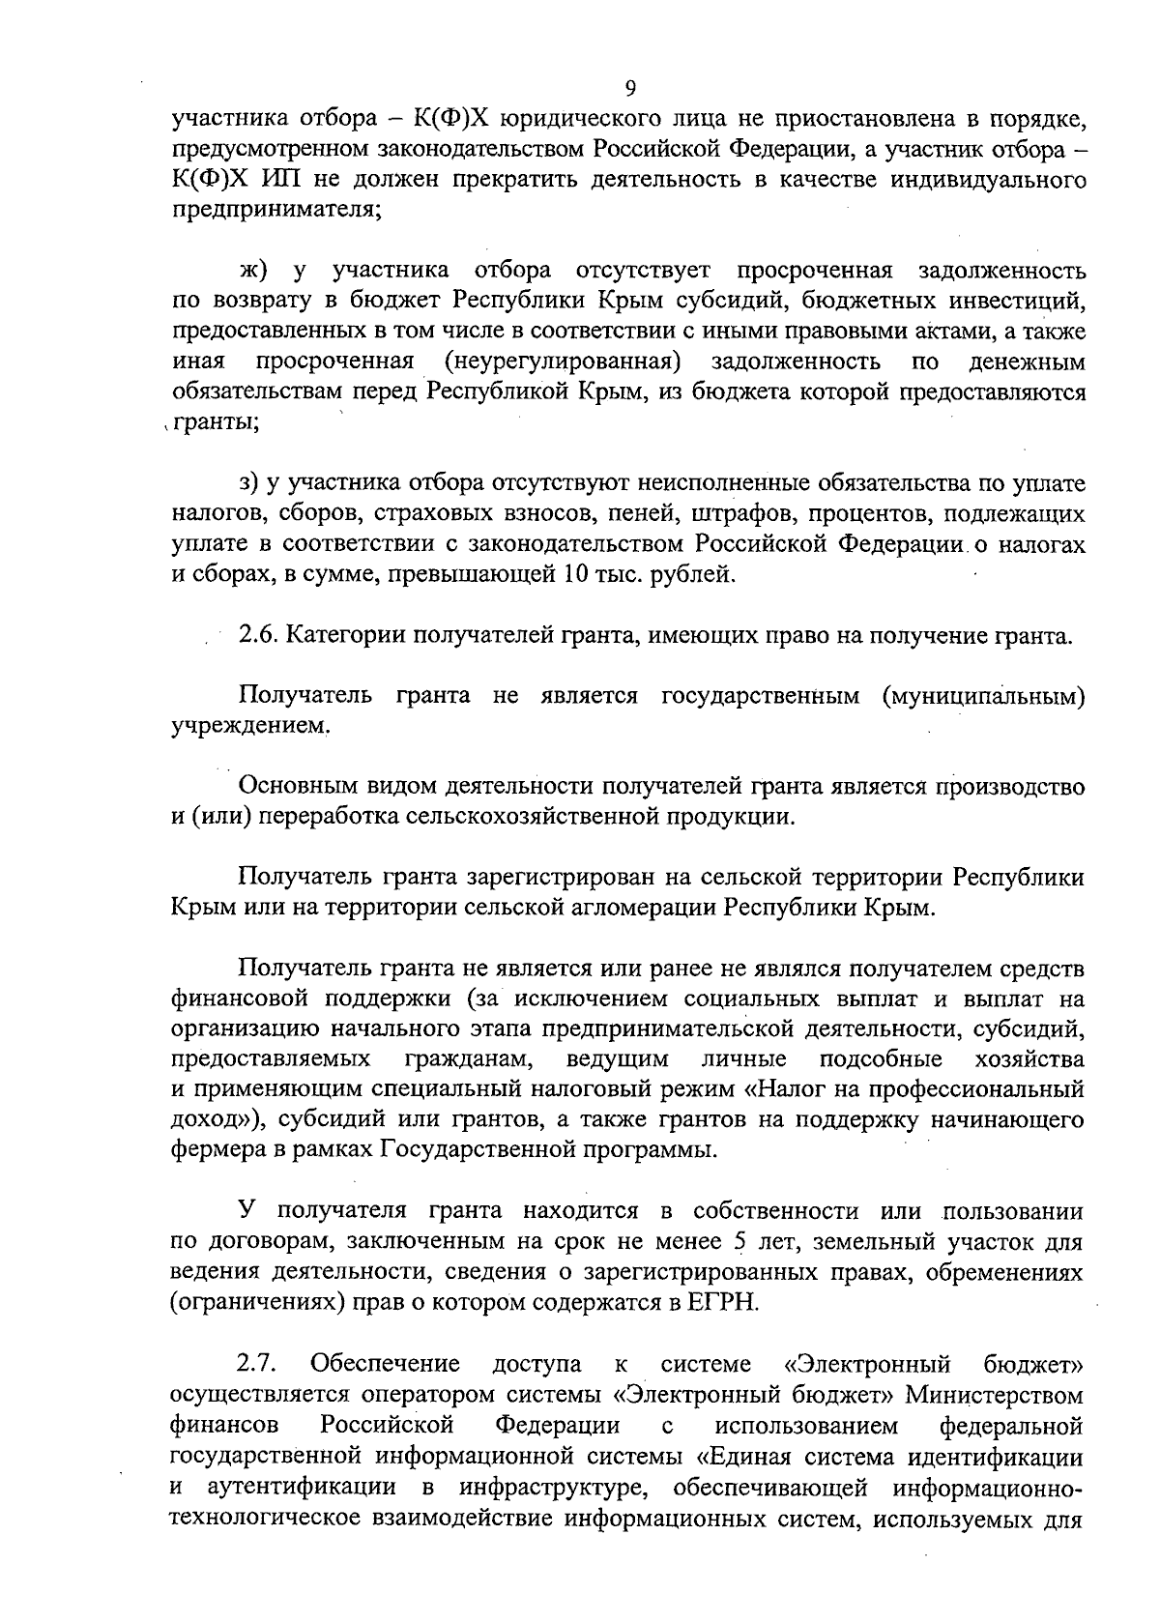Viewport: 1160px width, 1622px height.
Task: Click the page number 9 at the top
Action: click(630, 89)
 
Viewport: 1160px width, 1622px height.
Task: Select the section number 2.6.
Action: click(258, 635)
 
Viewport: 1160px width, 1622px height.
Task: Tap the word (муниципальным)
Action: click(982, 696)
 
